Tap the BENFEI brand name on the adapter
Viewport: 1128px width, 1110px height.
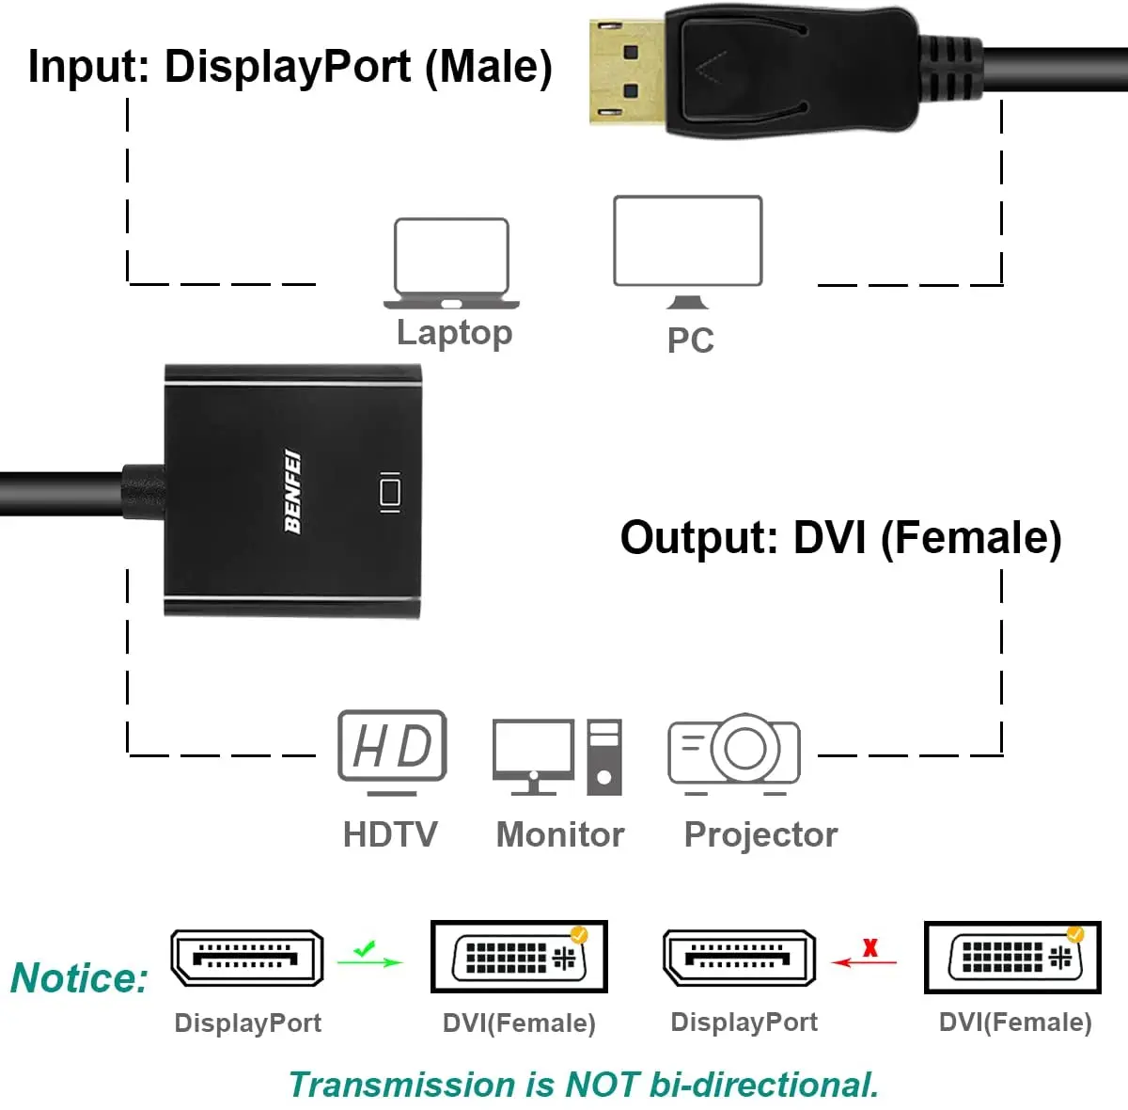tap(292, 491)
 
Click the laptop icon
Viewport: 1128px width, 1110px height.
tap(451, 263)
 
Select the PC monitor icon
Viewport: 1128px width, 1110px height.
tap(687, 250)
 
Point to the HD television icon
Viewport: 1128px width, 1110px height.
tap(392, 751)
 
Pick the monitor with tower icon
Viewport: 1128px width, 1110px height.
tap(556, 756)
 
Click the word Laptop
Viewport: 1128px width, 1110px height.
tap(454, 332)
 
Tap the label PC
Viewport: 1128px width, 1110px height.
tap(690, 341)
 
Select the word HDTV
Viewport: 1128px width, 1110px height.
tap(390, 834)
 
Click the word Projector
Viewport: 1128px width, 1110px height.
tap(760, 834)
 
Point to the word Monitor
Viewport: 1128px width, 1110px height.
tap(559, 834)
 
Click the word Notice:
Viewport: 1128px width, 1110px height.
tap(80, 978)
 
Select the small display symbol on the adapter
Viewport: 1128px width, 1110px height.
tap(389, 492)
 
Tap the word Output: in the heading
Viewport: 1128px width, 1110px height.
tap(699, 538)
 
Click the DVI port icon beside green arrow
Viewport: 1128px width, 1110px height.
tap(519, 958)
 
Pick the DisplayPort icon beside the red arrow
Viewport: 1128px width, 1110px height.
tap(740, 958)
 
